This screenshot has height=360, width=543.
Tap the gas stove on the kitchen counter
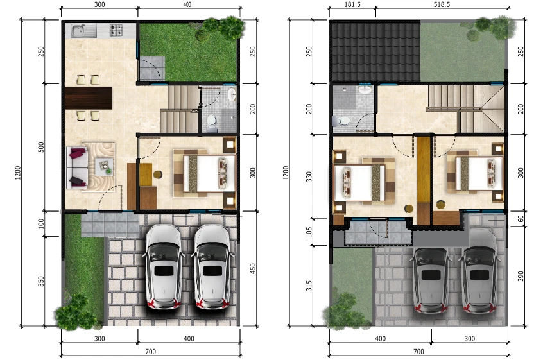[x=117, y=30]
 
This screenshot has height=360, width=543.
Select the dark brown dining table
[x=88, y=98]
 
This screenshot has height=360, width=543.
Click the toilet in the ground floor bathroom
[x=212, y=119]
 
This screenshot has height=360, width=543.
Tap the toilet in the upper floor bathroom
[x=345, y=120]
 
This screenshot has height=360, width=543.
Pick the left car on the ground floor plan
[x=163, y=266]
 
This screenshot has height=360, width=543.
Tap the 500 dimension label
[x=42, y=147]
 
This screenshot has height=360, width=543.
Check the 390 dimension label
[x=521, y=275]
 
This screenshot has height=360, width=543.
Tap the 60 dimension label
[x=521, y=219]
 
